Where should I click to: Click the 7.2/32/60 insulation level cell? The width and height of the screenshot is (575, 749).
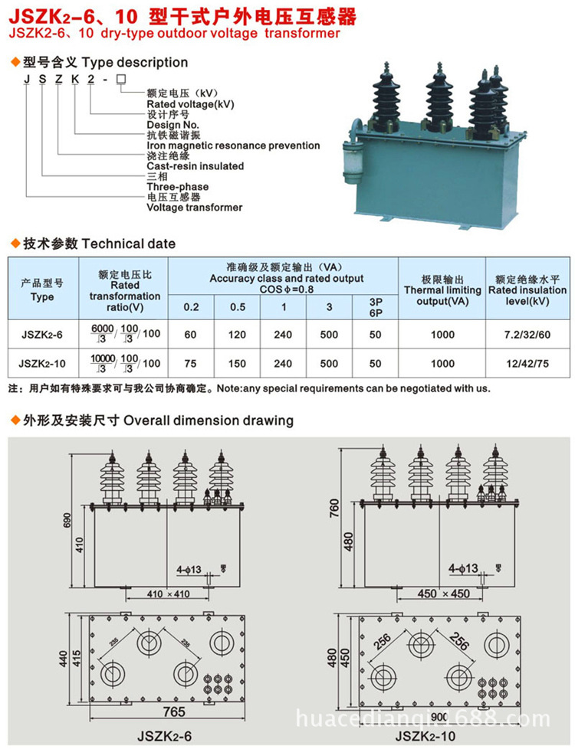[526, 334]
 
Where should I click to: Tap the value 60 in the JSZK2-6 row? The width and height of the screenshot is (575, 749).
[191, 334]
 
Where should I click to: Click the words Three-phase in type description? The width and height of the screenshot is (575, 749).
[177, 186]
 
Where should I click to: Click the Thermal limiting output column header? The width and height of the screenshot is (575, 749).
[442, 290]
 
